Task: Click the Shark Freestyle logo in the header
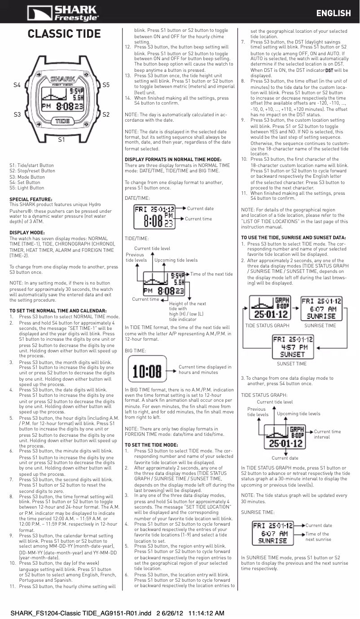pyautogui.click(x=62, y=13)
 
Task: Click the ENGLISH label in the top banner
pyautogui.click(x=333, y=13)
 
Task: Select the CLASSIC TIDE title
pyautogui.click(x=64, y=34)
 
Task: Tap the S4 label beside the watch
pyautogui.click(x=17, y=84)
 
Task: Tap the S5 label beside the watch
pyautogui.click(x=106, y=84)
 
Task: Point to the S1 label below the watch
pyautogui.click(x=62, y=140)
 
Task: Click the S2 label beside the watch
pyautogui.click(x=106, y=115)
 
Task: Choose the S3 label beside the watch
pyautogui.click(x=17, y=115)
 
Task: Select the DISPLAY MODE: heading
pyautogui.click(x=27, y=233)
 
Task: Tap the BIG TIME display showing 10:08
pyautogui.click(x=147, y=371)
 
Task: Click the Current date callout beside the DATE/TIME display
pyautogui.click(x=200, y=208)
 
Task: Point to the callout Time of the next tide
pyautogui.click(x=211, y=274)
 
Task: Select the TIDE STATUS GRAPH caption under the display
pyautogui.click(x=267, y=325)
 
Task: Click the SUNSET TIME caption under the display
pyautogui.click(x=292, y=364)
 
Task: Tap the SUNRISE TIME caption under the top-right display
pyautogui.click(x=320, y=325)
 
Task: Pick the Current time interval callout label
pyautogui.click(x=327, y=434)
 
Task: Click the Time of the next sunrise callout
pyautogui.click(x=318, y=536)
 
